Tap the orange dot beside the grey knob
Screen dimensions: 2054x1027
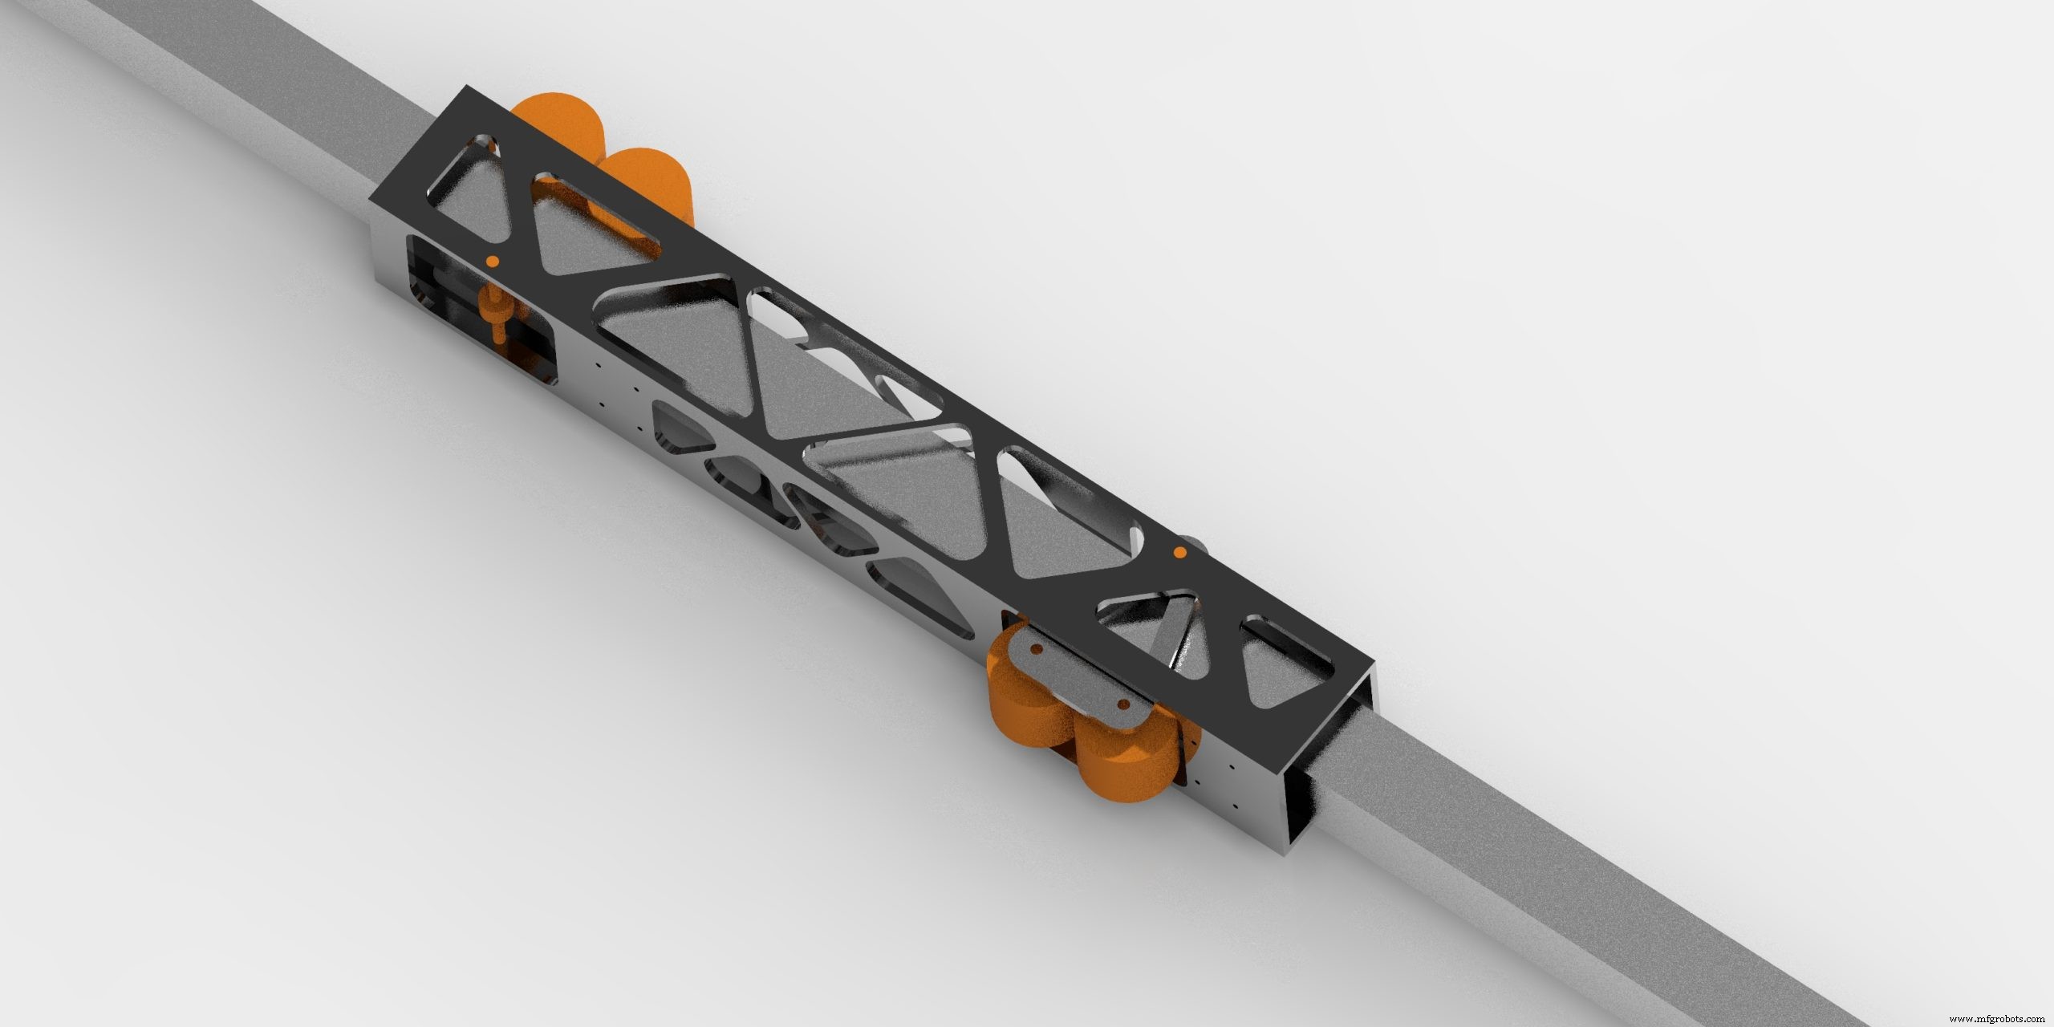point(1179,552)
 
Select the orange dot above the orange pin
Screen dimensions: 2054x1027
point(492,261)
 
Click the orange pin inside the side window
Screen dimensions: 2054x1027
point(495,319)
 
